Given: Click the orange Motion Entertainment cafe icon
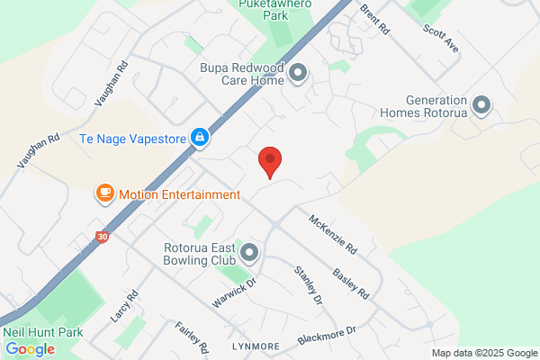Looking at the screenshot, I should pos(105,193).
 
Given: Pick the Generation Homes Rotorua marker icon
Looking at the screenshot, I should pos(481,106).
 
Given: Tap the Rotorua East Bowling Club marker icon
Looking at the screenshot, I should pos(250,253).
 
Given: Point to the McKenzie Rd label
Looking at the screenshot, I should pos(333,233).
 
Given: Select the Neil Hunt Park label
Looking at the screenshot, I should pos(43,332).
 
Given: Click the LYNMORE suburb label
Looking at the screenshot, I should pos(250,345).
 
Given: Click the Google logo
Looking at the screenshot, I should pos(30,349).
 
